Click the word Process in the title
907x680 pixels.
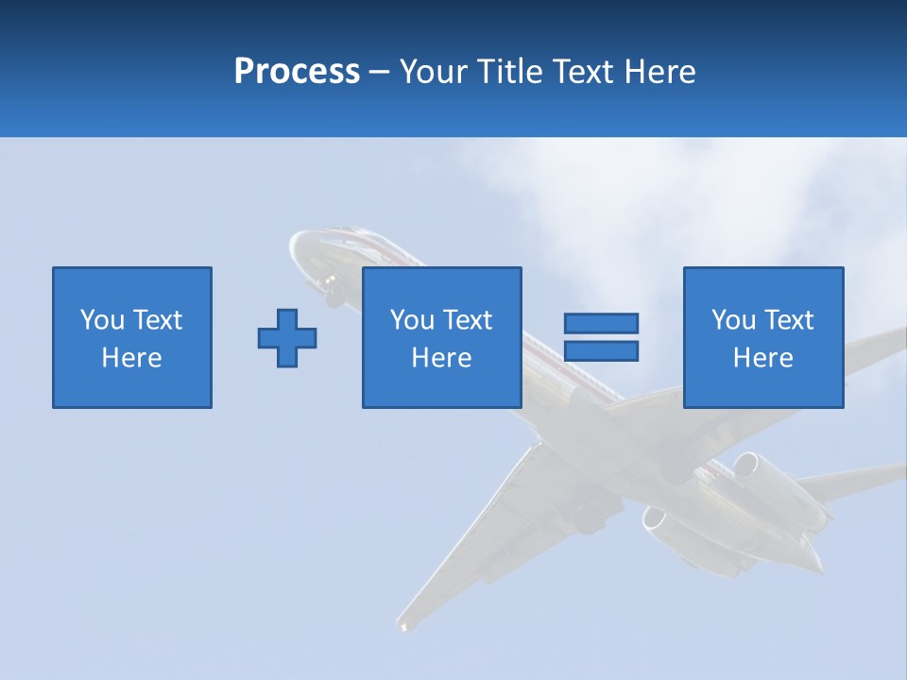pos(297,72)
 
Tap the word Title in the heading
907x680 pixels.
pos(509,72)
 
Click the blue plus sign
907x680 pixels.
pos(287,338)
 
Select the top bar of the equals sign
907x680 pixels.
pos(601,323)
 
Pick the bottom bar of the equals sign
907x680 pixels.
pos(601,350)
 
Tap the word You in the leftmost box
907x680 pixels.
pos(102,320)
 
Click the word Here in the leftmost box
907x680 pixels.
pos(131,358)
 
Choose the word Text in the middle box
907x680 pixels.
pos(467,320)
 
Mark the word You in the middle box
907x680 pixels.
pos(412,320)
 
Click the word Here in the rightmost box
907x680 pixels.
pos(762,358)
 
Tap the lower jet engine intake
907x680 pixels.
pos(654,518)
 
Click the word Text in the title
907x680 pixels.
pos(578,72)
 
